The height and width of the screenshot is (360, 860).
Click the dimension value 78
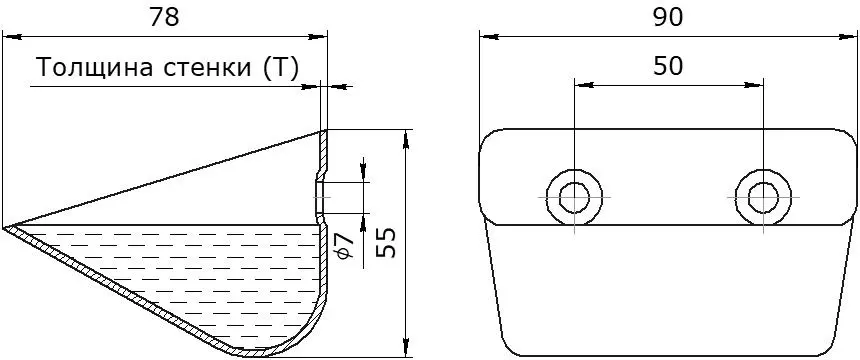[165, 18]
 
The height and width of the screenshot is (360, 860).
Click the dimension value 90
[667, 18]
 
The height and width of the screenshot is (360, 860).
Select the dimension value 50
[667, 66]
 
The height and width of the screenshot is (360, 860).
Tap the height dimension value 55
[388, 243]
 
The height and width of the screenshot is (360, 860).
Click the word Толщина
[94, 68]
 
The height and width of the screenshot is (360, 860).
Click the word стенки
[207, 69]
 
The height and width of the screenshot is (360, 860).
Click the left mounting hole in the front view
[574, 196]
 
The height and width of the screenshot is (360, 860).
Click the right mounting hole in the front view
[763, 196]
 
